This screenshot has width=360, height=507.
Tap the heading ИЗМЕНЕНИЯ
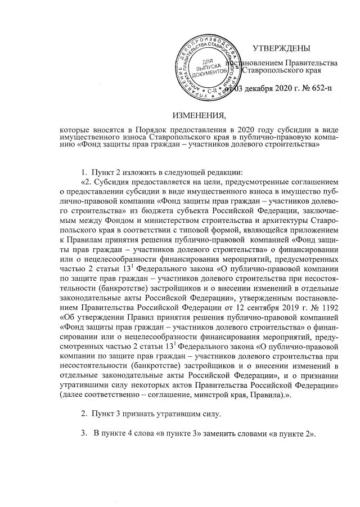tap(199, 116)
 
